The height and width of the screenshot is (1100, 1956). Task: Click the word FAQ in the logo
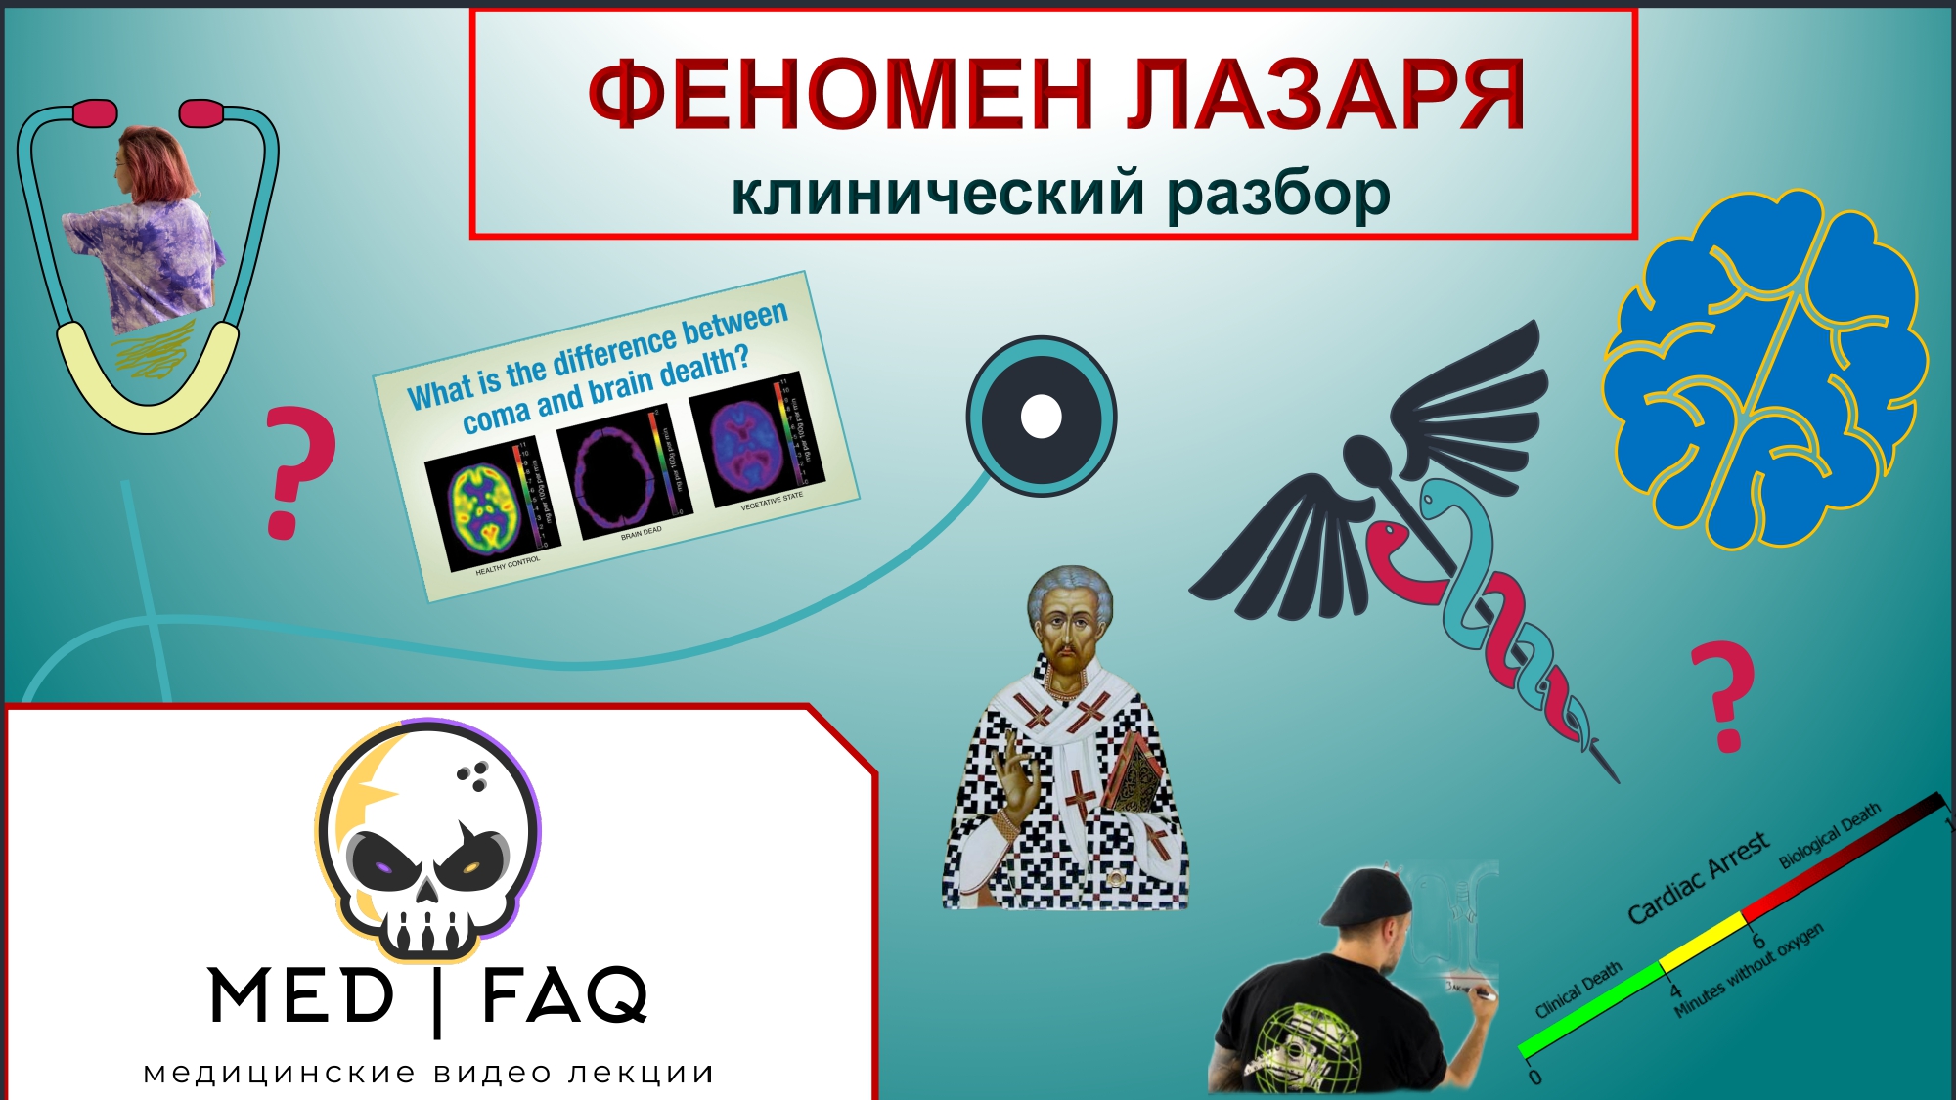(x=565, y=995)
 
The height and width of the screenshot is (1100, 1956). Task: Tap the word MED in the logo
(x=301, y=995)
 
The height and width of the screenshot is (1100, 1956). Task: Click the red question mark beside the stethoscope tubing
(x=298, y=472)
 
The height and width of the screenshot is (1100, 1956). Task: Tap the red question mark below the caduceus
(x=1723, y=696)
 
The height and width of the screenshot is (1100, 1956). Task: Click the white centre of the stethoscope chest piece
(x=1041, y=417)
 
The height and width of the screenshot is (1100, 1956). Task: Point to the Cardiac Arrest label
(x=1698, y=877)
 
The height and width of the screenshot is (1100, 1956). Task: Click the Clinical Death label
(x=1578, y=990)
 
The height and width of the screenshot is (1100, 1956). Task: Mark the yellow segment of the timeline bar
(x=1702, y=941)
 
